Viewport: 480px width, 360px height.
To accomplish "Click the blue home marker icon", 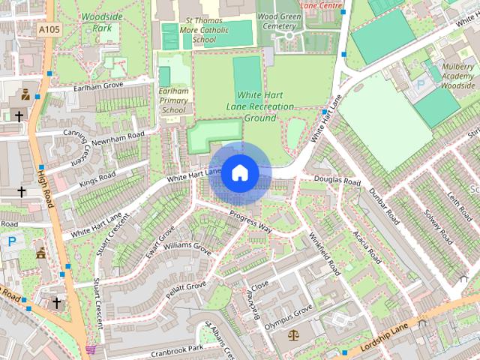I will (239, 172).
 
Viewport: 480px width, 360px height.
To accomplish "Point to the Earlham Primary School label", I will (173, 100).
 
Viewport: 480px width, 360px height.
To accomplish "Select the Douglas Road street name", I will (337, 181).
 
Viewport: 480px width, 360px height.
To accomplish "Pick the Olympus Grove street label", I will (287, 313).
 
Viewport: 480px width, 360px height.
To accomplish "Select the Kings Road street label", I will (97, 180).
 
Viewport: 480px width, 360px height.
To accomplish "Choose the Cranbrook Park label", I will (176, 349).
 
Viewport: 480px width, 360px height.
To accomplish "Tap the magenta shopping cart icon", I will (91, 349).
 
